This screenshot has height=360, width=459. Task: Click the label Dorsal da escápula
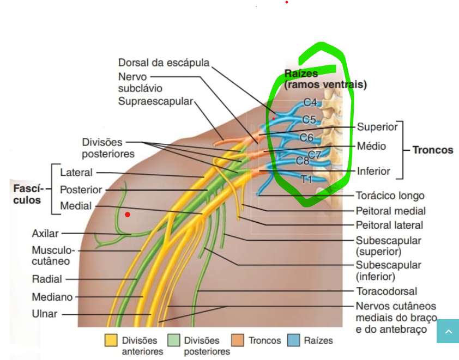coord(164,63)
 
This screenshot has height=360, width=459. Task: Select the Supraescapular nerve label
coord(156,101)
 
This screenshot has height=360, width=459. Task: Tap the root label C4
coord(310,102)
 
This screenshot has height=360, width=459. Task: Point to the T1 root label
coord(307,178)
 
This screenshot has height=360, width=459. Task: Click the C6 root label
coord(306,137)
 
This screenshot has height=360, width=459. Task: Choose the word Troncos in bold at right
coord(432,150)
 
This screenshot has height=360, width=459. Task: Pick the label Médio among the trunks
coord(371,146)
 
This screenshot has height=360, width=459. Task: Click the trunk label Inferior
coord(373,171)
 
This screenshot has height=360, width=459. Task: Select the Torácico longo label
coord(390,196)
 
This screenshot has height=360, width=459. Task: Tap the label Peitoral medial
coord(390,210)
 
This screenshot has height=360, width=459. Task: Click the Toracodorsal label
coord(386,291)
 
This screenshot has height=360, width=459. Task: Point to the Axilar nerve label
coord(45,234)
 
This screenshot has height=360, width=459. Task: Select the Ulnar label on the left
coord(45,314)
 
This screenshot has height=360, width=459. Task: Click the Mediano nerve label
coord(52,297)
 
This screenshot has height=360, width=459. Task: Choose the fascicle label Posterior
coord(81,190)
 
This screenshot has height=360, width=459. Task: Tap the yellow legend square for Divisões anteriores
coord(111,340)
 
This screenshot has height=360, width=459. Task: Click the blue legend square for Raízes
coord(294,340)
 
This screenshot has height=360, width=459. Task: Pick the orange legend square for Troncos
coord(238,340)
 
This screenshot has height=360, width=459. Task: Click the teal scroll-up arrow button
coord(448,331)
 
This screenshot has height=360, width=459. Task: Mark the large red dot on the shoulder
coord(128,215)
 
